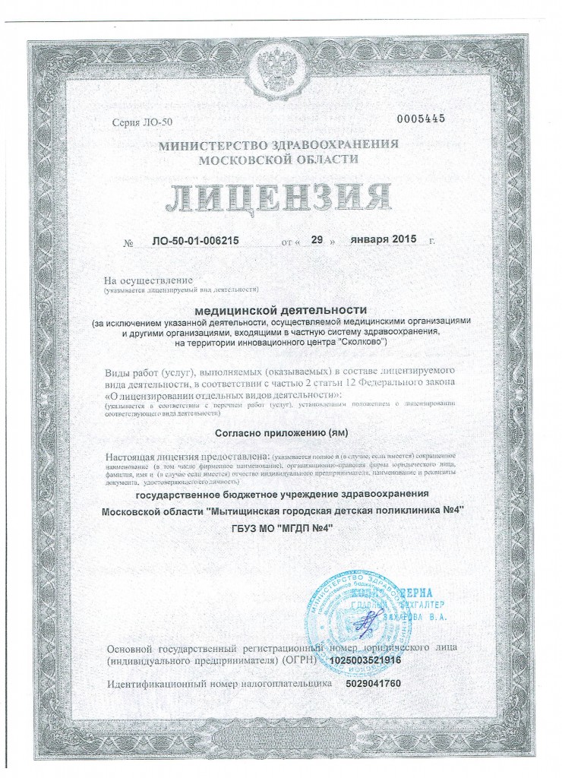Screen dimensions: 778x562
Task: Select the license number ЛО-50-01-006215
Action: [190, 241]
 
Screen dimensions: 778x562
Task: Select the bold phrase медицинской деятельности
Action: [281, 310]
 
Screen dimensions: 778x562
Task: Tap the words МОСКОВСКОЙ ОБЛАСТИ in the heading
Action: [278, 159]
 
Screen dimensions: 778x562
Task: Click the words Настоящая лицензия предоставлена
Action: [189, 456]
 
